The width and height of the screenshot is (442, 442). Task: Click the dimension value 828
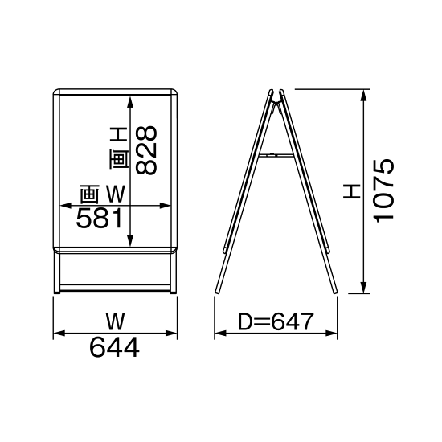click(145, 150)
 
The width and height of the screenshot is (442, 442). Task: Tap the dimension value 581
click(99, 218)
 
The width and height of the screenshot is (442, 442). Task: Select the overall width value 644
click(115, 348)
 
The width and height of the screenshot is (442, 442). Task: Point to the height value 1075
click(384, 190)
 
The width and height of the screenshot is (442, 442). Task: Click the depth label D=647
click(276, 323)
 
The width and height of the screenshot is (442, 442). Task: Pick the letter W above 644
click(116, 322)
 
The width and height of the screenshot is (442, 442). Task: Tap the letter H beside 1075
click(351, 191)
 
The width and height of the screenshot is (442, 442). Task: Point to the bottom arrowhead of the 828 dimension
click(130, 240)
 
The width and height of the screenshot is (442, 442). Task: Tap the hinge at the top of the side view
click(276, 95)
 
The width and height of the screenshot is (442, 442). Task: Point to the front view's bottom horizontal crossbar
click(116, 287)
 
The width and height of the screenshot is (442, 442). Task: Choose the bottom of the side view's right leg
click(333, 292)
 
